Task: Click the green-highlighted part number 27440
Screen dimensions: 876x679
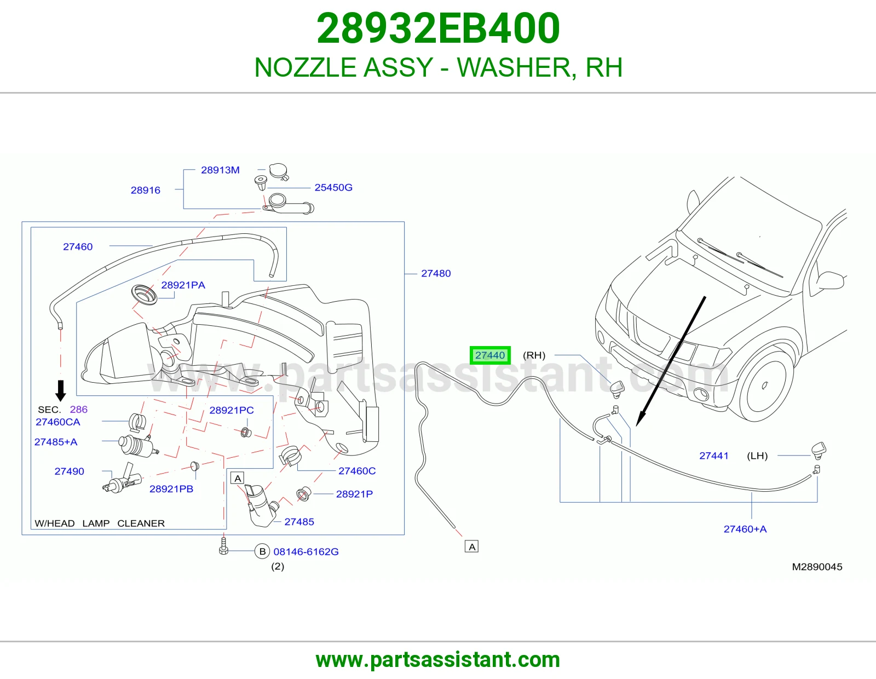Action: pos(490,355)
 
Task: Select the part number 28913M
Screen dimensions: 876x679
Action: pos(220,170)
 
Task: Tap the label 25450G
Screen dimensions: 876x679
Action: pos(333,187)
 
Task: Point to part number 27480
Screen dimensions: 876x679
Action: pos(436,273)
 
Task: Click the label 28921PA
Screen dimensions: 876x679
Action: pos(183,285)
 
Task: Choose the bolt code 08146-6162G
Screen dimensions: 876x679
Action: pos(306,551)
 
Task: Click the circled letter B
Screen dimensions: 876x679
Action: pos(262,551)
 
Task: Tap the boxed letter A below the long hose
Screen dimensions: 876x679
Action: pos(471,546)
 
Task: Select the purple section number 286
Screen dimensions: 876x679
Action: pos(79,409)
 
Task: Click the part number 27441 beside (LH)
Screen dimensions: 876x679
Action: pos(713,456)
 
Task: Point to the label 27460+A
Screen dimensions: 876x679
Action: pos(745,529)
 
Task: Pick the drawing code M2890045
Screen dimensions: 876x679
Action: pos(817,567)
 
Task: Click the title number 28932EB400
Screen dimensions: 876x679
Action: pos(438,28)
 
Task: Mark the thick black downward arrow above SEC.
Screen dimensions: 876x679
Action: pos(60,390)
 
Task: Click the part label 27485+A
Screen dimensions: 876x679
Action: pos(56,442)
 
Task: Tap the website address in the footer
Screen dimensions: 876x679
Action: pos(438,660)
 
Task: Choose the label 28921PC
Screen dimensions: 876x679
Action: pos(232,410)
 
